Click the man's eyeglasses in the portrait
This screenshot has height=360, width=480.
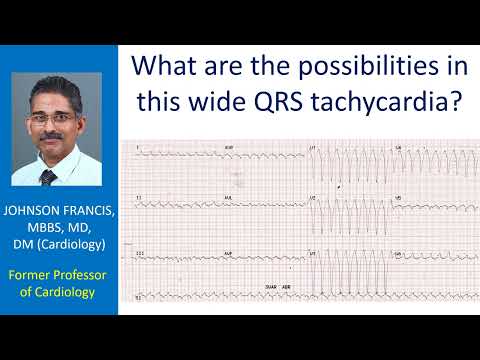point(60,119)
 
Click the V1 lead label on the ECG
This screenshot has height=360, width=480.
point(314,147)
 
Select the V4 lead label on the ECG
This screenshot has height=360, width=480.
point(399,147)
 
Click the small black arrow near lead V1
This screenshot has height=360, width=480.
point(340,186)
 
